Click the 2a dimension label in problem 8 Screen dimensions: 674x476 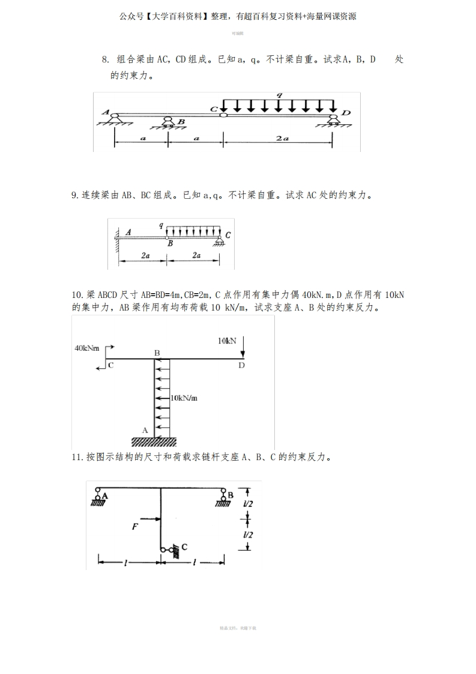tap(282, 138)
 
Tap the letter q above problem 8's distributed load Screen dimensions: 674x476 tap(279, 96)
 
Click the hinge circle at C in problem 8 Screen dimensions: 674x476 tap(223, 114)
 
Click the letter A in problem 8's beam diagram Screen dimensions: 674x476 tap(106, 112)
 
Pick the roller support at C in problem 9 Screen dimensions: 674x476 tap(220, 241)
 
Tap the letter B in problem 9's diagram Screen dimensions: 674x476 tap(170, 244)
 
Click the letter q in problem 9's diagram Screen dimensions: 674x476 tap(161, 225)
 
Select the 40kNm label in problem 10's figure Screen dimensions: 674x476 tap(87, 348)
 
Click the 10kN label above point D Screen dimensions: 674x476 tap(227, 341)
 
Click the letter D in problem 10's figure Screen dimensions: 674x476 tap(241, 366)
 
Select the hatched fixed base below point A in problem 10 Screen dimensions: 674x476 tap(154, 442)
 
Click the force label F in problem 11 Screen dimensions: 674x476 tap(135, 526)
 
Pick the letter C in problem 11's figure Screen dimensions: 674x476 tap(184, 547)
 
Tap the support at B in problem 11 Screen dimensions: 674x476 tap(223, 497)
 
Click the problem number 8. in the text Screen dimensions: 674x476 tap(105, 59)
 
